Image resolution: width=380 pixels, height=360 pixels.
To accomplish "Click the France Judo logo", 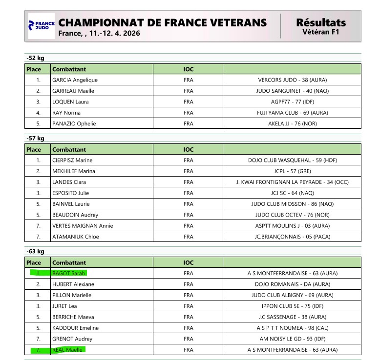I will pos(41,26).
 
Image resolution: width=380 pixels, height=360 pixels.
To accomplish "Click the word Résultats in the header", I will pos(320,22).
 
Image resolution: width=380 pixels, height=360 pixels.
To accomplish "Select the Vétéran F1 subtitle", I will pos(320,33).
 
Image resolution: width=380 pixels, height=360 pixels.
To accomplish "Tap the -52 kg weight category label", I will pos(35,59).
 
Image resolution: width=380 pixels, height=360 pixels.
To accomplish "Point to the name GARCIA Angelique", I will pos(75,80).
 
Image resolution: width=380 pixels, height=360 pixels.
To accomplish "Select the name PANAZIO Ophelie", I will pos(74,123).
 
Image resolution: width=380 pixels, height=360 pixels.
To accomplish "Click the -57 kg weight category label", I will pos(35,139).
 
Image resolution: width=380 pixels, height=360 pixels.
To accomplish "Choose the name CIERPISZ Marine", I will pos(72,160).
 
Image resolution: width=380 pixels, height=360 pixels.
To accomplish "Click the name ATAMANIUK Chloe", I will pos(75,237).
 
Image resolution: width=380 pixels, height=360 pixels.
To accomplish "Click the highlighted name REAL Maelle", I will pos(68,350).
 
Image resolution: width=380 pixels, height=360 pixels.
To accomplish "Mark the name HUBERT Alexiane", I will pos(73,284).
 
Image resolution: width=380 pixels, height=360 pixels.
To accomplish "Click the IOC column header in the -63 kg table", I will pos(189,262).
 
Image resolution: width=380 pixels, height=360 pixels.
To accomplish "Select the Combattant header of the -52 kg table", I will pos(69,69).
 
